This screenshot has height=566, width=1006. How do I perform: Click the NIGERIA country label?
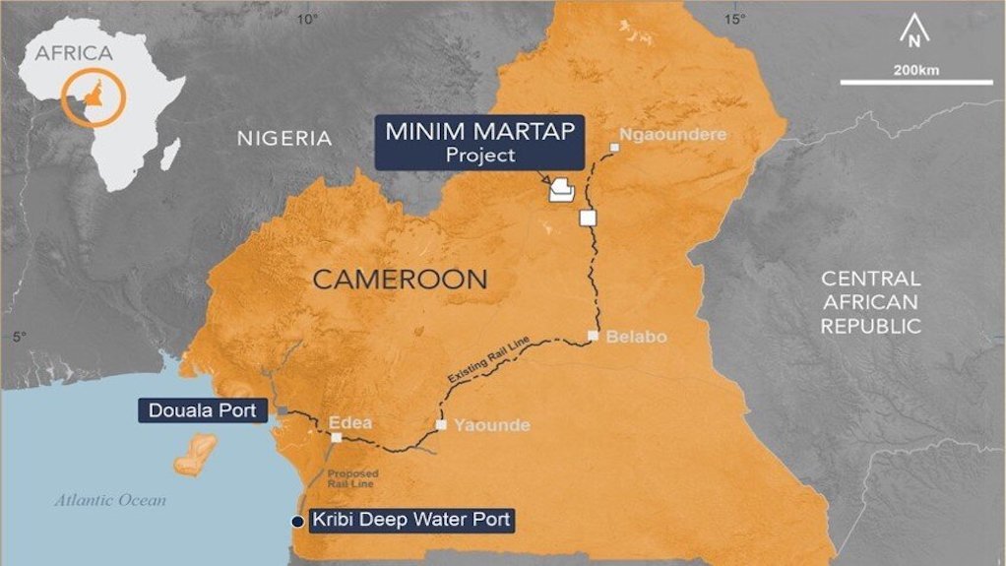point(283,139)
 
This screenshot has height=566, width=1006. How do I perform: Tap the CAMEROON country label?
point(400,280)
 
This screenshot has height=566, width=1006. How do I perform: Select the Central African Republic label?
point(870,302)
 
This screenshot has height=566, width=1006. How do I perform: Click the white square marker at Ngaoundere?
point(614,149)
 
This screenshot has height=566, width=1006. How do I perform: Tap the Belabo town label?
point(636,337)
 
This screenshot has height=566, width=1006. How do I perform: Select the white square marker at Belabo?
point(593,336)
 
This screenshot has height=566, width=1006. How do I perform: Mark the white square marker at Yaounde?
point(442,425)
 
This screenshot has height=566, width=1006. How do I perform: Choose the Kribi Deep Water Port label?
point(411,520)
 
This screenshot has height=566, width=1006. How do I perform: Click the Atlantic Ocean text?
point(110,500)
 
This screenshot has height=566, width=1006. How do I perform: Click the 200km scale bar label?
point(915,70)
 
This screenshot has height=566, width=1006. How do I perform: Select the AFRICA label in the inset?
point(74,53)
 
